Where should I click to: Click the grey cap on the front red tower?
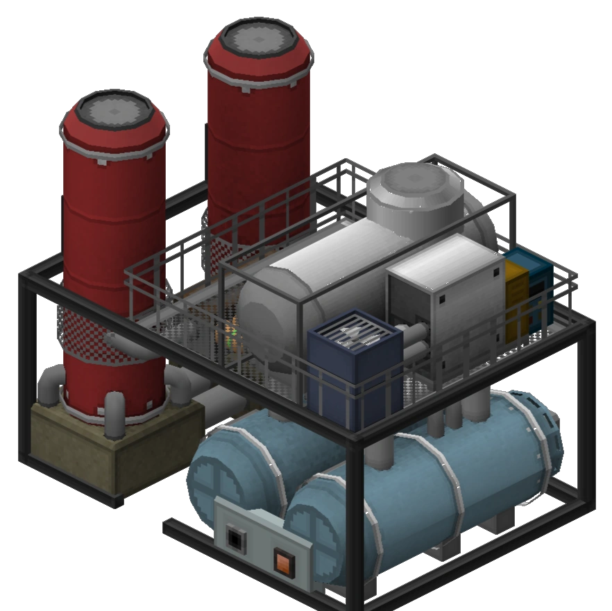[x=114, y=111]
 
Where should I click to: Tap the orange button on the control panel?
[x=283, y=560]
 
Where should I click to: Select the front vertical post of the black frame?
[x=354, y=527]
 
